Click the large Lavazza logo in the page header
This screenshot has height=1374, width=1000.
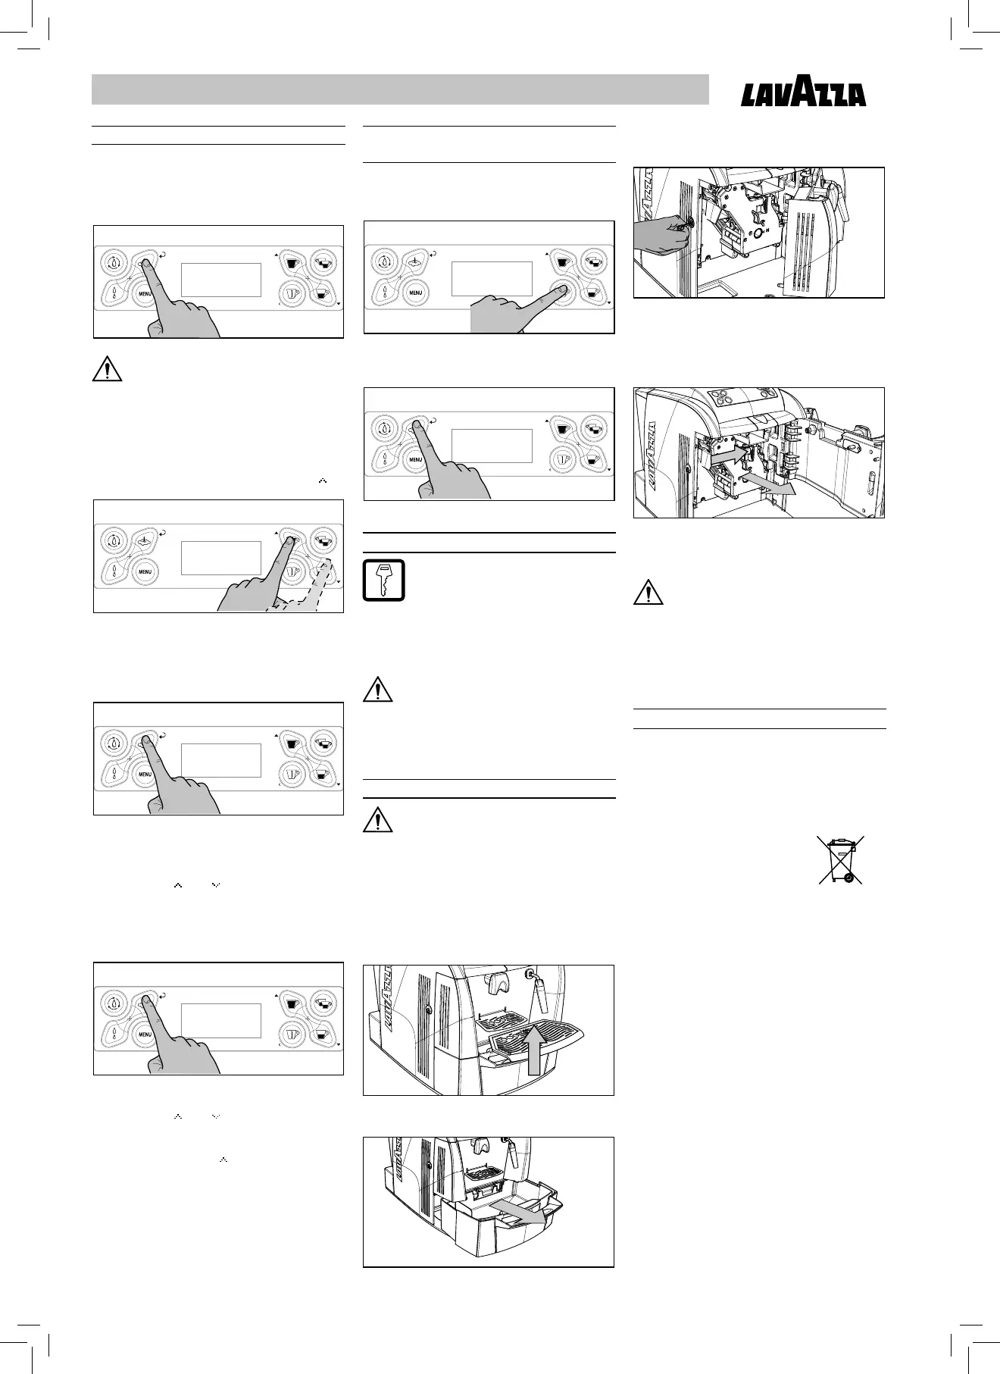[803, 96]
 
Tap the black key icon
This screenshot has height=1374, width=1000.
[384, 580]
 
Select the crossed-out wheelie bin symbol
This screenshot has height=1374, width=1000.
[840, 859]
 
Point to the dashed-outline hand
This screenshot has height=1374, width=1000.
[311, 590]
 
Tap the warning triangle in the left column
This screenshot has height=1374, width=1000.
[108, 368]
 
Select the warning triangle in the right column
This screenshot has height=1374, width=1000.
[648, 593]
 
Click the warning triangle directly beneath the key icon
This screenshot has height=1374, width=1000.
[378, 690]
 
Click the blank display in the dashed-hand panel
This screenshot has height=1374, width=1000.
[221, 557]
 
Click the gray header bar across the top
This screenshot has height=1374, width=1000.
[400, 89]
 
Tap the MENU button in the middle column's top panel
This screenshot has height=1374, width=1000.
[416, 291]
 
